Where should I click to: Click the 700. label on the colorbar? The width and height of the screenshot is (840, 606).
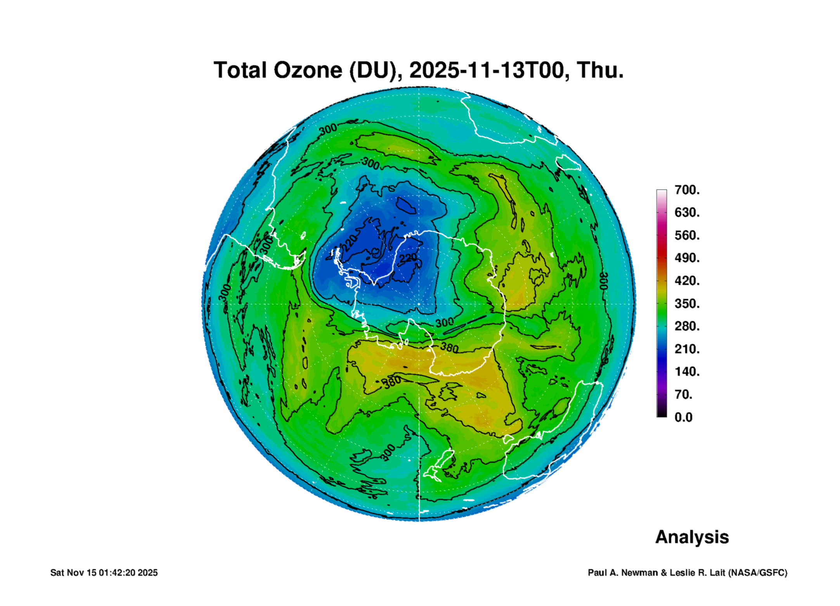687,190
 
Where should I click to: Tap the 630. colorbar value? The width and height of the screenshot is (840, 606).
687,212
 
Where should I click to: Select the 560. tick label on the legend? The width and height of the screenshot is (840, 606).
687,235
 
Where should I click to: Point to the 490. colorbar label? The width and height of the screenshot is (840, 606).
687,258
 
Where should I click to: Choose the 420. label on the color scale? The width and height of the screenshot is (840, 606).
687,281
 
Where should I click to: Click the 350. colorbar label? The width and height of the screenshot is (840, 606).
687,303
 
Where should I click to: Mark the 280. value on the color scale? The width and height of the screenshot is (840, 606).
687,326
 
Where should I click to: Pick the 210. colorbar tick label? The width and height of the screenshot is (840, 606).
687,349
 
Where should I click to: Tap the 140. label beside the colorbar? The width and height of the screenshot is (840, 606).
687,372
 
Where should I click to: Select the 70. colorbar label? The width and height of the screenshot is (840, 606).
684,394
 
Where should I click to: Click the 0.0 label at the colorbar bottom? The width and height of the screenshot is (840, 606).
684,417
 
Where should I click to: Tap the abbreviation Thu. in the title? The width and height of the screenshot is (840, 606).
600,70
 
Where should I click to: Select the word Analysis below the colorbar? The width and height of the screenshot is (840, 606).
692,537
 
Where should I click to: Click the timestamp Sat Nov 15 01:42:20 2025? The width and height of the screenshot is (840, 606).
104,573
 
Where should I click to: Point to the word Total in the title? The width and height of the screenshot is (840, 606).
241,70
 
